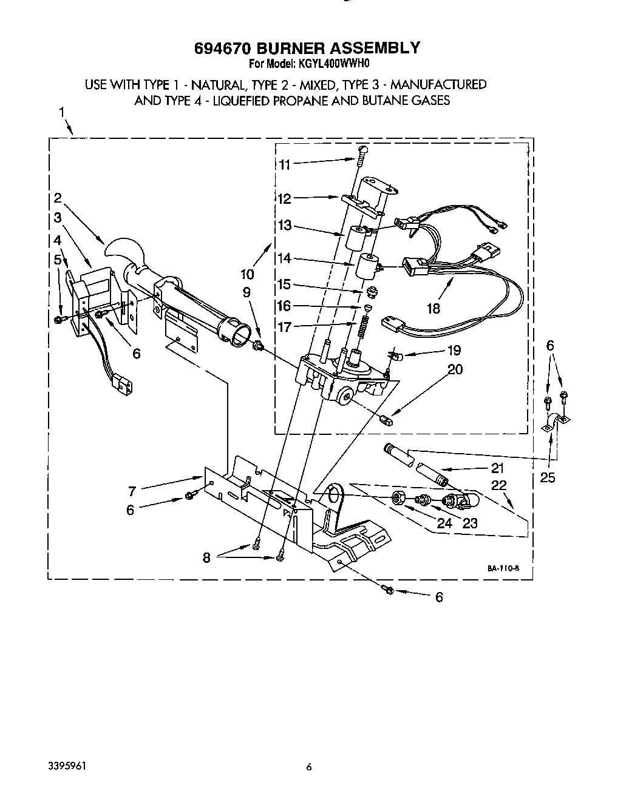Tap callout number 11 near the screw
click(x=285, y=164)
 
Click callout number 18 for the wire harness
click(x=433, y=308)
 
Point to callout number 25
click(x=547, y=477)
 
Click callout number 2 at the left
click(x=57, y=197)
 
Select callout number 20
click(x=455, y=369)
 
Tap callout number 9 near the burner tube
click(x=246, y=292)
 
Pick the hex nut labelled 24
click(x=399, y=498)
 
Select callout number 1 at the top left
click(x=62, y=112)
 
